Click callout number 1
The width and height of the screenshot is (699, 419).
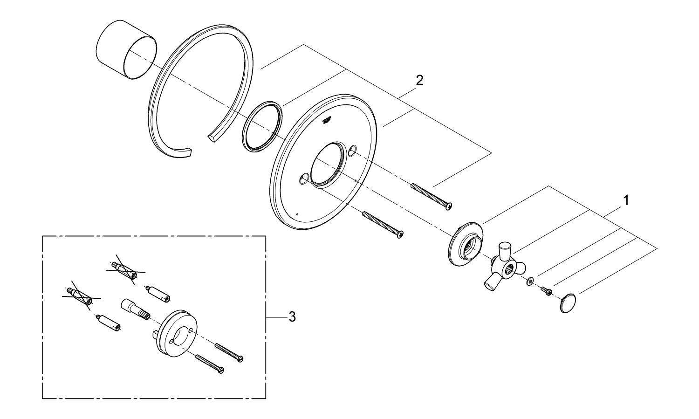pyautogui.click(x=626, y=200)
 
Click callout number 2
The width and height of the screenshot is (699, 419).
pyautogui.click(x=419, y=80)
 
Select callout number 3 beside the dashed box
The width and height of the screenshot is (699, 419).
pyautogui.click(x=292, y=317)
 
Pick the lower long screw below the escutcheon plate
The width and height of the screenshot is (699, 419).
pyautogui.click(x=383, y=224)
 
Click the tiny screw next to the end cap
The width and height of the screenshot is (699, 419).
pyautogui.click(x=546, y=291)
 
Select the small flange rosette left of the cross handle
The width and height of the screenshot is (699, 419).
pyautogui.click(x=464, y=244)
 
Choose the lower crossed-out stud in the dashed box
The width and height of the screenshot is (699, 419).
pyautogui.click(x=79, y=295)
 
